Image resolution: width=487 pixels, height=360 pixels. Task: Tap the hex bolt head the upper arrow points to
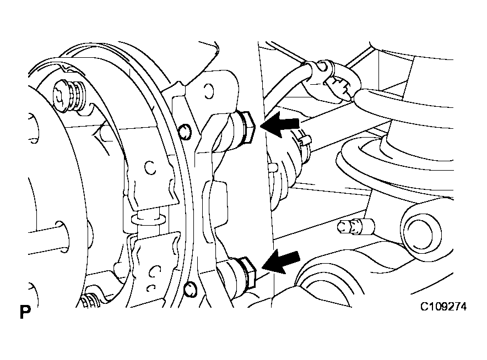pos(247,127)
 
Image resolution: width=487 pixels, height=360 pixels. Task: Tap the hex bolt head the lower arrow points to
pos(248,272)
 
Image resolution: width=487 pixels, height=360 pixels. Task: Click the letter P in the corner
pos(25,312)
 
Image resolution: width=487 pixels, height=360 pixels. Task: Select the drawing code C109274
pos(443,307)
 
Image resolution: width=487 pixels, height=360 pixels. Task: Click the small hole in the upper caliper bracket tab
pos(209,91)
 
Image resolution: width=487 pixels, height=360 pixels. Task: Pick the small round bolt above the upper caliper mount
pos(185,132)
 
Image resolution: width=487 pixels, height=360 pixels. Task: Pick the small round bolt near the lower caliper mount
pos(190,289)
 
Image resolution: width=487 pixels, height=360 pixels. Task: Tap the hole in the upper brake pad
pos(150,167)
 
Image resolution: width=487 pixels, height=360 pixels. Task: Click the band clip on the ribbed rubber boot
pos(301,142)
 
